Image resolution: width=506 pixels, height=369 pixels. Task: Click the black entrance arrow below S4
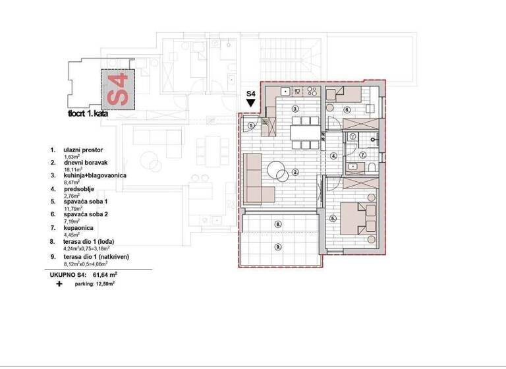click(250, 103)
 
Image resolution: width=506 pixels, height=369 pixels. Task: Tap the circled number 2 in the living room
click(296, 173)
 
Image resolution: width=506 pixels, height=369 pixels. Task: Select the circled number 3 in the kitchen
click(296, 108)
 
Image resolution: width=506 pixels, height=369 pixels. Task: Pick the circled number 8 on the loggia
click(278, 224)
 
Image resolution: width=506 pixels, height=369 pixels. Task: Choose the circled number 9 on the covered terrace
click(278, 247)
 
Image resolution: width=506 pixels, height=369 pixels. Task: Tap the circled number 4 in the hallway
click(333, 156)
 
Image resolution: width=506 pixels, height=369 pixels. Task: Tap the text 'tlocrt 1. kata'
click(88, 113)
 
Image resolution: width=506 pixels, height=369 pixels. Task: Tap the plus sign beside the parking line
click(59, 283)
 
